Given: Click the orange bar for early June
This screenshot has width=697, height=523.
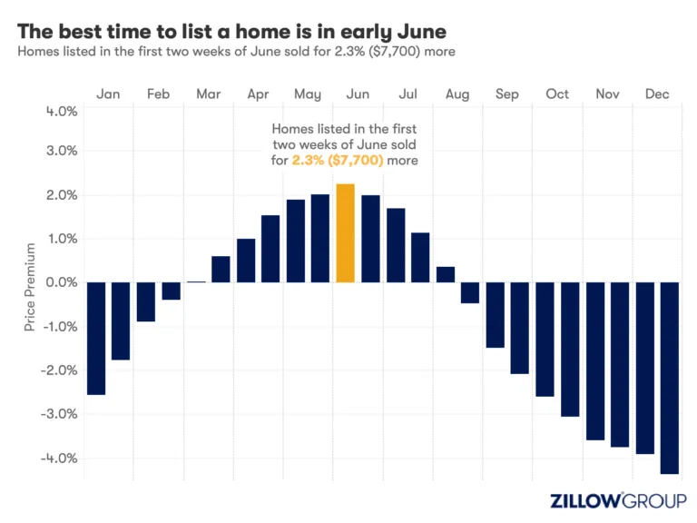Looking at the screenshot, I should pyautogui.click(x=345, y=233).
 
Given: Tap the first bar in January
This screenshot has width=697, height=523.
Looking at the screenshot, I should pyautogui.click(x=95, y=339).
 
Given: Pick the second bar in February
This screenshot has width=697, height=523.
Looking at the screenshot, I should pyautogui.click(x=171, y=291).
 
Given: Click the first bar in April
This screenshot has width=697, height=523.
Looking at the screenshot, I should pyautogui.click(x=246, y=261).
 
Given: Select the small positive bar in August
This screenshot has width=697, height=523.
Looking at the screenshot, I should pyautogui.click(x=445, y=274).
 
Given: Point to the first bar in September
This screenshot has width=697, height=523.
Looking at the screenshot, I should pyautogui.click(x=495, y=315).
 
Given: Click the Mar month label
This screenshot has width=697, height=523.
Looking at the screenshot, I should pyautogui.click(x=208, y=94).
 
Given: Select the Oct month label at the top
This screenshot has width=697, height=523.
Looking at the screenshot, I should pyautogui.click(x=556, y=94).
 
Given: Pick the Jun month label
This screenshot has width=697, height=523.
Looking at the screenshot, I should pyautogui.click(x=358, y=94).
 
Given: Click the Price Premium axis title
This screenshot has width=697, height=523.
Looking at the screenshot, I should pyautogui.click(x=30, y=286).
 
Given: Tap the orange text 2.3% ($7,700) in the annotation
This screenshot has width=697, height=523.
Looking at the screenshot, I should pyautogui.click(x=338, y=160).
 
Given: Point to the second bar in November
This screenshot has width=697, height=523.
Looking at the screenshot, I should pyautogui.click(x=620, y=365).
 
